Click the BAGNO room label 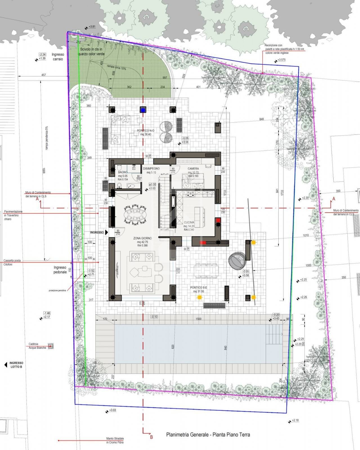(x=123, y=172)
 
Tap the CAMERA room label (x=193, y=169)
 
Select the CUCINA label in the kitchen (x=189, y=222)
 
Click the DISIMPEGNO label (x=151, y=169)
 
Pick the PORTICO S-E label (x=199, y=288)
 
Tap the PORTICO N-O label (x=145, y=131)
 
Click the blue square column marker (x=143, y=110)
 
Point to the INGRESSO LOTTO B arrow (x=6, y=365)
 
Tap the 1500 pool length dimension (x=199, y=319)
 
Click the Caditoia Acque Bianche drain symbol (x=51, y=346)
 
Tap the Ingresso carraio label (x=58, y=57)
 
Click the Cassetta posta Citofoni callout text (x=12, y=262)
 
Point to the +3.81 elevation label (x=92, y=27)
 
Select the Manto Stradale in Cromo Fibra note (x=115, y=440)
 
